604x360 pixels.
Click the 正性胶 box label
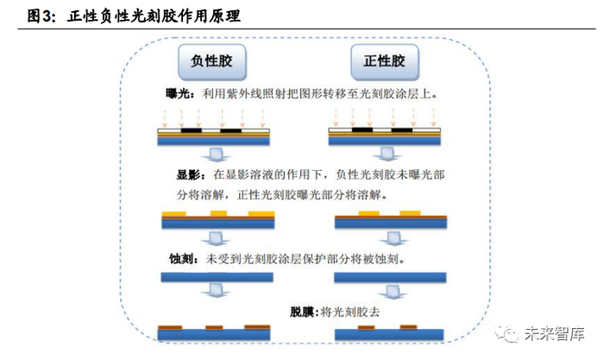tap(384, 62)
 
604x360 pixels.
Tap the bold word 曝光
tap(181, 92)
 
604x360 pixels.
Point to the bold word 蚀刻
tap(182, 258)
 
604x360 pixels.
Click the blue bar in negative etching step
tap(217, 277)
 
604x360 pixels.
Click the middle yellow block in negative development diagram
tap(218, 212)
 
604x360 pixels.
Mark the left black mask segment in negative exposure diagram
tap(191, 131)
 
